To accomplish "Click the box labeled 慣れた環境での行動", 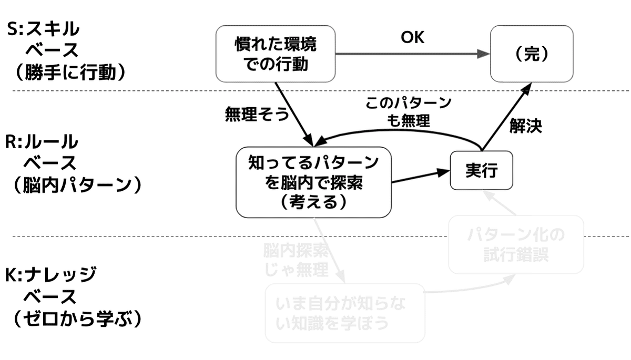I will (x=276, y=54).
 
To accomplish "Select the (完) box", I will (x=531, y=54).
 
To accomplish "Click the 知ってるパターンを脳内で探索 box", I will (x=313, y=182).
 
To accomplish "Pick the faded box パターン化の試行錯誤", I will (x=516, y=244).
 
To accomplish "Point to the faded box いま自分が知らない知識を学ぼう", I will (x=344, y=313).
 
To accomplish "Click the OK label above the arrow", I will (x=413, y=38).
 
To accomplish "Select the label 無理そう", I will (x=256, y=114).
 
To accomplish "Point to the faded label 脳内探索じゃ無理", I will (x=297, y=260).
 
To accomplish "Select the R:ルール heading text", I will (x=42, y=142).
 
